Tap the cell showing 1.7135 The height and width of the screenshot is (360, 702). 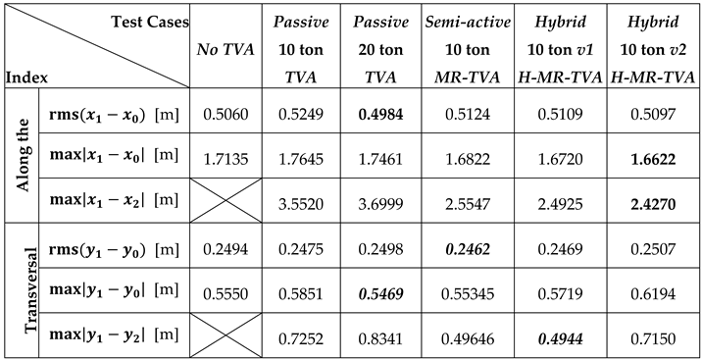[226, 156]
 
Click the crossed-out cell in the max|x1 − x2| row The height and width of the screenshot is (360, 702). [226, 199]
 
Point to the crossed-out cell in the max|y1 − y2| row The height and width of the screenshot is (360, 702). [226, 334]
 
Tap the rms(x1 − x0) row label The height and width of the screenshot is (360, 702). [111, 113]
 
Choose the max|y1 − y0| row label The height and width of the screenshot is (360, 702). [113, 290]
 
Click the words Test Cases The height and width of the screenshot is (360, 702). [148, 21]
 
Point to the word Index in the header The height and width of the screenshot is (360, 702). [26, 75]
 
